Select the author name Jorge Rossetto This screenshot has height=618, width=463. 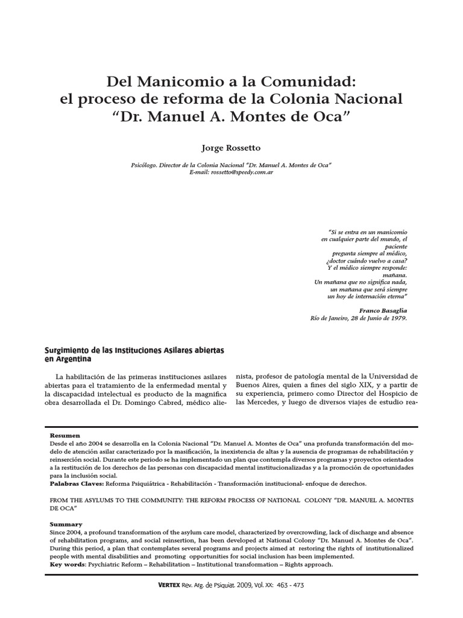231,148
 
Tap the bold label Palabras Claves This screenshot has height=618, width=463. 77,484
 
